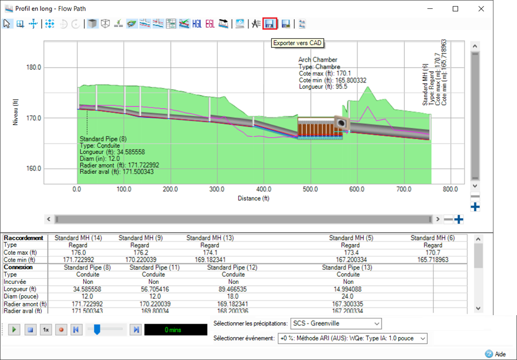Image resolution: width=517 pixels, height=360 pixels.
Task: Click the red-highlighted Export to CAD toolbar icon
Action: coord(269,24)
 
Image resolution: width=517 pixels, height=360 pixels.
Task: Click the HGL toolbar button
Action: coord(197,24)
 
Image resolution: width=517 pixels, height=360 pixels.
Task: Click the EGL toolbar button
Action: coord(210,24)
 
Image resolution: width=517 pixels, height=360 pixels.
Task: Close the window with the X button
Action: coord(481,9)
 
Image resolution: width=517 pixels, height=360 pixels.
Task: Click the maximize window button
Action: coord(456,9)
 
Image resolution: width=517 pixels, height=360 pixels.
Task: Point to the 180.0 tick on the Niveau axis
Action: coord(34,67)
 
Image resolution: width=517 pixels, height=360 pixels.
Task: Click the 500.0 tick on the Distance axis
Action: coord(310,189)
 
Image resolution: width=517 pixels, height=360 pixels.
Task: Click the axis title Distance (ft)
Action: coord(253,198)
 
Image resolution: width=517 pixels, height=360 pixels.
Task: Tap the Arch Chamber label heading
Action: coord(318,60)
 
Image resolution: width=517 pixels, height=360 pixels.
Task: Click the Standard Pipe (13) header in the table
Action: coord(347,268)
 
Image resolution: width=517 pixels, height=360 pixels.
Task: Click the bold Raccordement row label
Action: coord(24,238)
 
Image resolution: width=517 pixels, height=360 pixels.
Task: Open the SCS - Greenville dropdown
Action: coord(336,324)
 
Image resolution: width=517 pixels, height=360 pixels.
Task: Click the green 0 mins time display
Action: coord(175,330)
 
